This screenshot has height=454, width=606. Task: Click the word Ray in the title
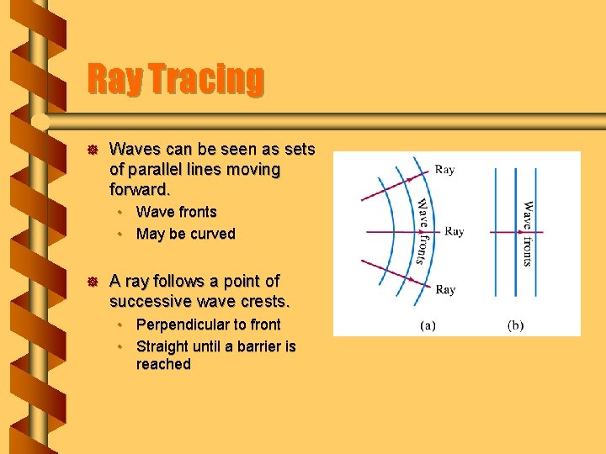click(x=110, y=80)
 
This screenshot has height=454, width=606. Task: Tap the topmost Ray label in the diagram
click(x=445, y=170)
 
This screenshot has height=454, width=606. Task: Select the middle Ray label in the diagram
click(x=454, y=231)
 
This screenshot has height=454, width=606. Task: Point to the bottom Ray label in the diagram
click(x=445, y=290)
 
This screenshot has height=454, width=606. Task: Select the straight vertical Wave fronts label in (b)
click(x=528, y=233)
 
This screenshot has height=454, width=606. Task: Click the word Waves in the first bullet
click(x=133, y=150)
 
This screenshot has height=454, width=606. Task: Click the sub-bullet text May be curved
click(x=185, y=234)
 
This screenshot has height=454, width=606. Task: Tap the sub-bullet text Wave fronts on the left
click(x=176, y=212)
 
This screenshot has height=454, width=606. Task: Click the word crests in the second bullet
click(x=263, y=301)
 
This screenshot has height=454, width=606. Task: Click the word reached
click(x=163, y=365)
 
